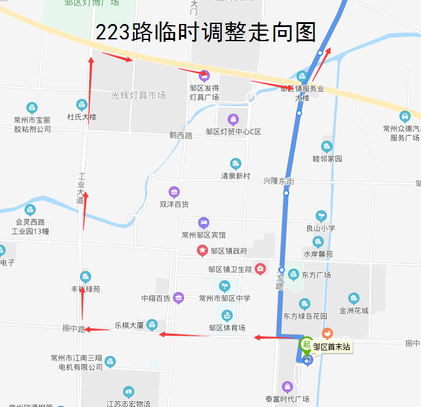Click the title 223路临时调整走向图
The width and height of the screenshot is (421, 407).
(x=206, y=32)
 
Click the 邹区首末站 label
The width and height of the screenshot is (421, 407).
(x=331, y=347)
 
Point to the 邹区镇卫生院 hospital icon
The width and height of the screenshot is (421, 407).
(x=260, y=269)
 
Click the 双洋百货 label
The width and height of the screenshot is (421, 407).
(x=174, y=204)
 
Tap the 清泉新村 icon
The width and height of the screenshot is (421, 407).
(x=235, y=164)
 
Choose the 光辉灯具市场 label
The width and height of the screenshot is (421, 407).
(x=138, y=95)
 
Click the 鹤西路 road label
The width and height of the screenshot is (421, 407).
(x=181, y=135)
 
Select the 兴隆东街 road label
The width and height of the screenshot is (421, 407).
(x=278, y=181)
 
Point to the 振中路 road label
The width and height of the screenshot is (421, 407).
(x=73, y=329)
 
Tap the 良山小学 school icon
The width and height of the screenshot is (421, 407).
(x=321, y=216)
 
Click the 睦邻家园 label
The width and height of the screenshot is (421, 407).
(x=327, y=159)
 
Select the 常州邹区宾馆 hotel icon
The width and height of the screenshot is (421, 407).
(x=204, y=223)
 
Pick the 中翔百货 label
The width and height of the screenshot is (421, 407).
(x=155, y=299)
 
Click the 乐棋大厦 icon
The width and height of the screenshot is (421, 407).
(x=152, y=325)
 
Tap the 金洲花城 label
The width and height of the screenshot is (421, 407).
(x=353, y=311)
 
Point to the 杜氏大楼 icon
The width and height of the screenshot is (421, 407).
(x=81, y=105)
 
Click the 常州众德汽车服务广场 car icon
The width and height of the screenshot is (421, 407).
(x=404, y=116)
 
